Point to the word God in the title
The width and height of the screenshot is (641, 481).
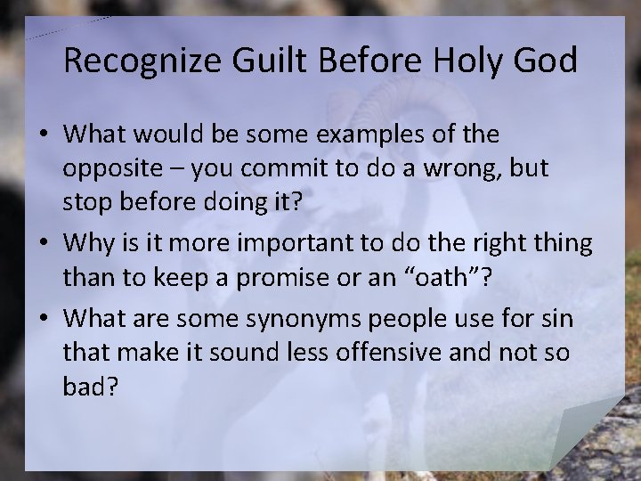(x=548, y=61)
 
